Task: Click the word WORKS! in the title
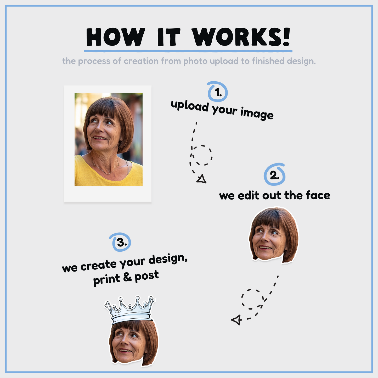pos(241,37)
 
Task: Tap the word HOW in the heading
pos(116,37)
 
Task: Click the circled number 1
pos(217,92)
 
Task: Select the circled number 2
pos(274,174)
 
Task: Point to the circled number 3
pos(120,242)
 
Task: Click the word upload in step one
pos(189,106)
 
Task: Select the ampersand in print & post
pos(127,277)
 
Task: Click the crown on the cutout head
pos(130,310)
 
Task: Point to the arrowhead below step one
pos(201,179)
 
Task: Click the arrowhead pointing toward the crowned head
pos(236,320)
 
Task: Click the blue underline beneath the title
pos(188,51)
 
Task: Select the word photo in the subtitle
pos(195,61)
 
